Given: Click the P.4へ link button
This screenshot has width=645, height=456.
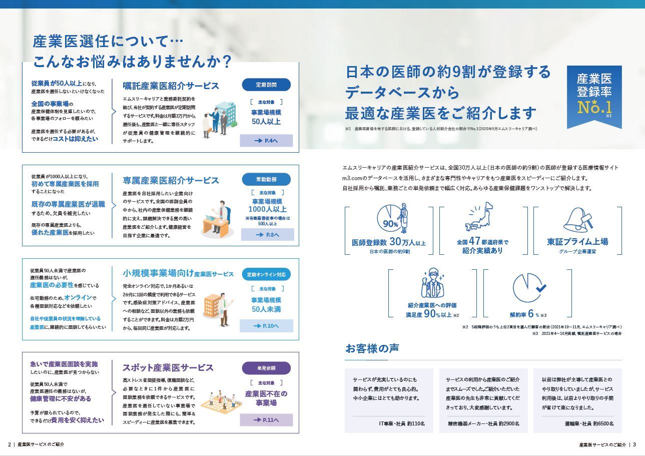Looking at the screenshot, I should (x=266, y=141).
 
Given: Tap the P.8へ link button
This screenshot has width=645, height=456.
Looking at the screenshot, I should (x=267, y=234).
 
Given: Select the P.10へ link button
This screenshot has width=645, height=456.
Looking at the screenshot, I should (x=266, y=326).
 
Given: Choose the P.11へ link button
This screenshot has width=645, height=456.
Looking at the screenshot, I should (x=266, y=419).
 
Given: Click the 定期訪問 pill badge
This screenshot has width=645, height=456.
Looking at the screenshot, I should (x=266, y=84).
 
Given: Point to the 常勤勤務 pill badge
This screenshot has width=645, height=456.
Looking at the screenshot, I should (x=266, y=179).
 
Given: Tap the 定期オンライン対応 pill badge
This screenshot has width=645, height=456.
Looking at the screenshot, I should (x=266, y=274).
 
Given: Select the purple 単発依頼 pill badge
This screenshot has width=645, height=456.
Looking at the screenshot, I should (x=266, y=368).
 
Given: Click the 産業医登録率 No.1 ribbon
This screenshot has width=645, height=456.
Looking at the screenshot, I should (x=594, y=95).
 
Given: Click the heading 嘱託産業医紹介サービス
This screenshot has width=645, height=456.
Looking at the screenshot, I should (x=171, y=86).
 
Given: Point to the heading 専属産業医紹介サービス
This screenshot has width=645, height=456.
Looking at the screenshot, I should (x=171, y=180).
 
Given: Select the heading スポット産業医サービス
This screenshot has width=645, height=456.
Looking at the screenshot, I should (x=168, y=368).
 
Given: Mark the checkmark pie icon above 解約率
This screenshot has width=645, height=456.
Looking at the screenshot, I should (x=528, y=288).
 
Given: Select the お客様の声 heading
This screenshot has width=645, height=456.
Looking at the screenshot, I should (x=372, y=348).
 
